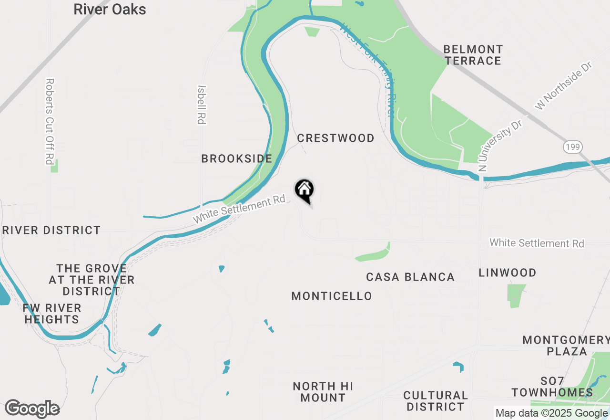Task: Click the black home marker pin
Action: tap(305, 190)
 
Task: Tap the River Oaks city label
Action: tap(110, 9)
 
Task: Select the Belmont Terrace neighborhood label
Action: tap(473, 55)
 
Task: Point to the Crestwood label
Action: tap(335, 138)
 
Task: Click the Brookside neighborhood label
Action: tap(236, 158)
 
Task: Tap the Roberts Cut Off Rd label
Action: tap(49, 121)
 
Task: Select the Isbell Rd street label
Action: tap(202, 105)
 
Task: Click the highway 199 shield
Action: tap(572, 147)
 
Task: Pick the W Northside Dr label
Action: tap(563, 86)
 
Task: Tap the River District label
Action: tap(51, 231)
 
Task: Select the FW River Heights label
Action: tap(52, 314)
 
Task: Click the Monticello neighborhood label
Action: tap(332, 296)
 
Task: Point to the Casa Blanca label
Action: tap(410, 277)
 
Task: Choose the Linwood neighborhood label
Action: tap(508, 273)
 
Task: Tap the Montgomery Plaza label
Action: tap(566, 346)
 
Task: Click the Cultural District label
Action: tap(435, 401)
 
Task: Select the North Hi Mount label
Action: tap(323, 392)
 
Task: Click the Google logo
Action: tap(32, 409)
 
